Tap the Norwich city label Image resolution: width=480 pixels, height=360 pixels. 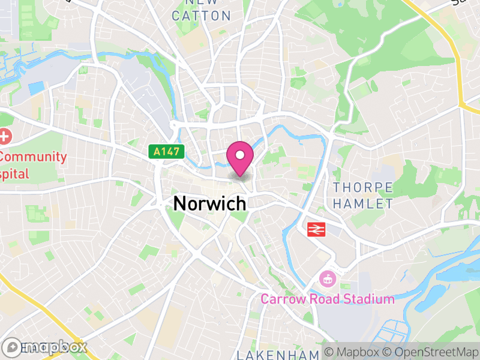[210, 203]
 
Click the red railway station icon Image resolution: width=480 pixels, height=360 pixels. [316, 229]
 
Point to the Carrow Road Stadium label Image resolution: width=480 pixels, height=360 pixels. [327, 299]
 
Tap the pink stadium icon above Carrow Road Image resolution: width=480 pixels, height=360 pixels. [327, 278]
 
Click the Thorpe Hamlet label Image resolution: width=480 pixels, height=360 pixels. [363, 196]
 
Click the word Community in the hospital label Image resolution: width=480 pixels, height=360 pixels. [34, 157]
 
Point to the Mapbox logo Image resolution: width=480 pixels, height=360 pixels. [45, 347]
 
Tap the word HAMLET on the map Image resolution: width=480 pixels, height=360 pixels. [363, 204]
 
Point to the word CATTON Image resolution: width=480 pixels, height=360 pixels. [201, 16]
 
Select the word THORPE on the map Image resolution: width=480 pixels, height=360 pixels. [363, 188]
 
